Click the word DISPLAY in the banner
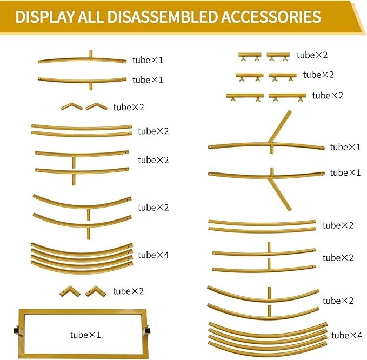[x=45, y=17]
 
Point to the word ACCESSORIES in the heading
[x=271, y=17]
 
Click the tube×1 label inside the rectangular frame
[x=85, y=335]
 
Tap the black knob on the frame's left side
[x=16, y=331]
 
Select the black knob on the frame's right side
[x=148, y=331]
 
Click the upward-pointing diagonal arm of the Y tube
[x=280, y=126]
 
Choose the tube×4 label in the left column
[x=154, y=255]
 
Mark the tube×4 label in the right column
[x=346, y=335]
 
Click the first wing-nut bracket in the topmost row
[x=250, y=57]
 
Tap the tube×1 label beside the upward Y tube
[x=345, y=147]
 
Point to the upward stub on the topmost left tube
[x=91, y=54]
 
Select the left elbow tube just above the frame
[x=70, y=291]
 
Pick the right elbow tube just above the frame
[x=96, y=291]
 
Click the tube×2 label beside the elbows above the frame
[x=128, y=291]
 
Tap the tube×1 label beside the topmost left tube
[x=148, y=60]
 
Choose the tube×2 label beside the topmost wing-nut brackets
[x=312, y=55]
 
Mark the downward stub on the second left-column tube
[x=91, y=86]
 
